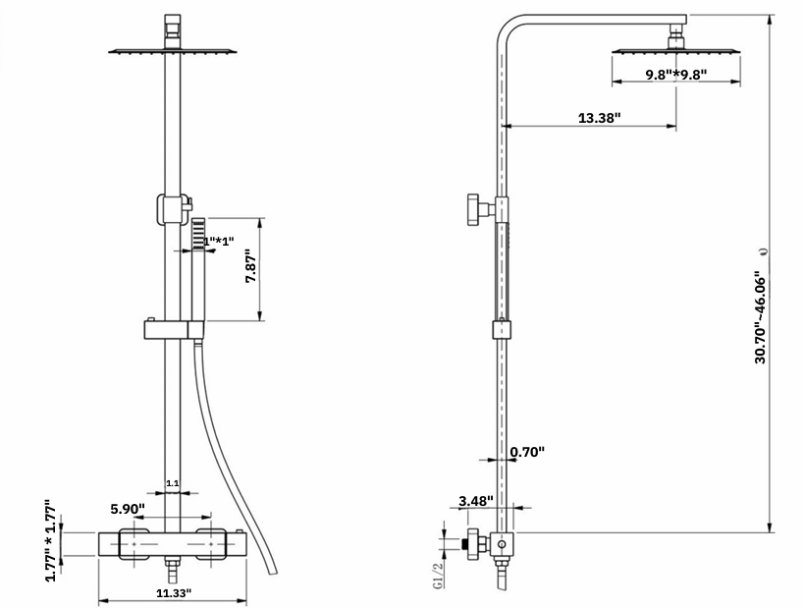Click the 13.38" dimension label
[x=599, y=118]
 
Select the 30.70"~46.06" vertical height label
[x=761, y=317]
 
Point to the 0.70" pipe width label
[x=527, y=452]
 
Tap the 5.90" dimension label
[x=128, y=509]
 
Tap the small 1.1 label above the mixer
[x=172, y=483]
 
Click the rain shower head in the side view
[x=675, y=49]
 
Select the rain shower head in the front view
[x=173, y=50]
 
